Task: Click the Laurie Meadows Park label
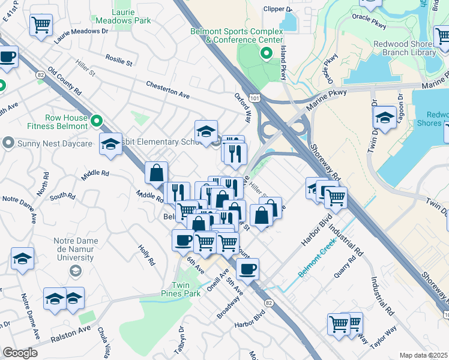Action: pos(131,16)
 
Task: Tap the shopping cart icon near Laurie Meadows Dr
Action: pos(41,25)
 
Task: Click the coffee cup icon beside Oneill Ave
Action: pos(247,269)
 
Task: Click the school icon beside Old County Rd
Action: pos(110,145)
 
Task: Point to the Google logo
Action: pos(20,353)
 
